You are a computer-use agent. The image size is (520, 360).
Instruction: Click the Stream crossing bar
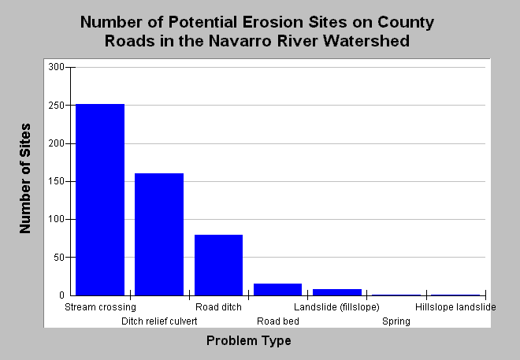[x=100, y=199]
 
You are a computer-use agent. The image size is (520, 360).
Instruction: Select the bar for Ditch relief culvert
[x=159, y=235]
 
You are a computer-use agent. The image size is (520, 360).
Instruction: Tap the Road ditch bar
[x=218, y=265]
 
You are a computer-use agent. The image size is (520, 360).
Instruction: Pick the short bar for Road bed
[x=278, y=289]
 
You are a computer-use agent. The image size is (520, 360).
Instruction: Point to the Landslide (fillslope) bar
[x=337, y=292]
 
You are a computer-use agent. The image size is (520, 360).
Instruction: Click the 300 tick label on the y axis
[x=57, y=67]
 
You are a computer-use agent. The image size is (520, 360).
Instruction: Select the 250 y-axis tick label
[x=57, y=106]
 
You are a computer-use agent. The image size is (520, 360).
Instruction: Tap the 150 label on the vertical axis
[x=57, y=181]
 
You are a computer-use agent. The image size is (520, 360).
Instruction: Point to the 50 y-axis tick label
[x=59, y=258]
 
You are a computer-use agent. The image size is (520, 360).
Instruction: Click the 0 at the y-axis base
[x=61, y=295]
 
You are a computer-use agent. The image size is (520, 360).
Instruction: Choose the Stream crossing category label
[x=100, y=307]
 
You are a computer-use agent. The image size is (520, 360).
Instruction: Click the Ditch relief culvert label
[x=159, y=321]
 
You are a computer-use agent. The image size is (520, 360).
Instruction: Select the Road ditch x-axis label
[x=218, y=307]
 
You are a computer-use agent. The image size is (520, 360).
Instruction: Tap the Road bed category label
[x=278, y=321]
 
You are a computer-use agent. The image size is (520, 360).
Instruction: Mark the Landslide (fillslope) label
[x=336, y=307]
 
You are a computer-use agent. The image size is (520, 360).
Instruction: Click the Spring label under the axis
[x=396, y=321]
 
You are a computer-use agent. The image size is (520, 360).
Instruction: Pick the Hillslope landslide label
[x=455, y=307]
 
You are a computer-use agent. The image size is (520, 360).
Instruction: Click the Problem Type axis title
[x=249, y=341]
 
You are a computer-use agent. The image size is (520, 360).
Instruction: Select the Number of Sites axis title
[x=25, y=178]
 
